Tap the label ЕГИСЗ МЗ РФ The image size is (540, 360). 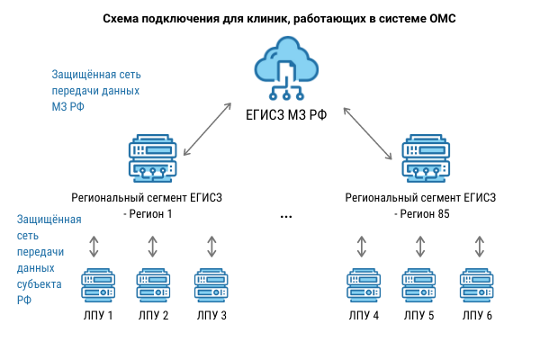tap(286, 116)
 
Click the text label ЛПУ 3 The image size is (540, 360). tap(211, 316)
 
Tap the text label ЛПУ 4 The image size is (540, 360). tap(363, 316)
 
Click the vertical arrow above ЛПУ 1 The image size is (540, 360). tap(94, 246)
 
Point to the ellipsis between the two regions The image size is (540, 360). tap(286, 216)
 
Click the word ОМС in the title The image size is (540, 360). tap(440, 18)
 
